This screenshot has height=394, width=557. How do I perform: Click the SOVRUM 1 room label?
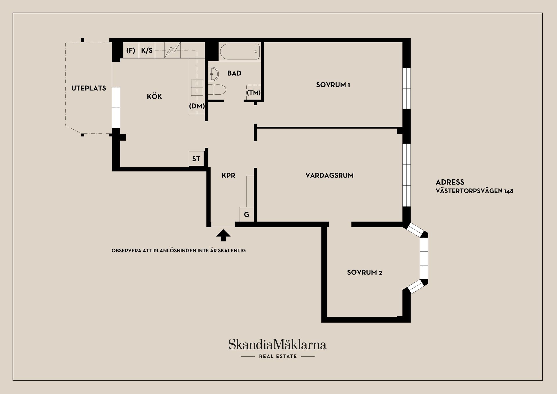(333, 85)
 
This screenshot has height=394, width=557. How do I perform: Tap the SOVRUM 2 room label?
(364, 272)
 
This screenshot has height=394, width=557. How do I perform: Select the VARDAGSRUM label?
(329, 175)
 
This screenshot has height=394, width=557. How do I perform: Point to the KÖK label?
(154, 96)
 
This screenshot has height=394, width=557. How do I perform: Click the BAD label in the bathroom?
(234, 73)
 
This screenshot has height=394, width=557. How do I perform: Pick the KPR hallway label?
(228, 175)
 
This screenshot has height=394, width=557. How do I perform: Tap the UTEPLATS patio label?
(88, 88)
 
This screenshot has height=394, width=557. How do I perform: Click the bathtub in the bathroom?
(240, 52)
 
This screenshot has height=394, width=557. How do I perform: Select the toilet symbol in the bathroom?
(217, 89)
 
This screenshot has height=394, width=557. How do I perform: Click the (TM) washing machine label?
(254, 93)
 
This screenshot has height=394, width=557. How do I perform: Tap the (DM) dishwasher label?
(197, 106)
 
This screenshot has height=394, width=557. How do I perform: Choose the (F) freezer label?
(131, 50)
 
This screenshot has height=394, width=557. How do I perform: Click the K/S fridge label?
(147, 50)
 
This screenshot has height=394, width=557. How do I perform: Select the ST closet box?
(196, 159)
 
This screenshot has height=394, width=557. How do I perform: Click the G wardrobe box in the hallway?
(247, 214)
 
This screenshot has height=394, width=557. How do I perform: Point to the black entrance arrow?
(223, 235)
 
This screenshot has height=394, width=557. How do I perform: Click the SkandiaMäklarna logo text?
(277, 344)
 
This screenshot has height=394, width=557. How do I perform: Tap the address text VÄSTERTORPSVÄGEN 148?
(475, 191)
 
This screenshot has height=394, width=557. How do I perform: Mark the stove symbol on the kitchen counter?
(172, 50)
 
